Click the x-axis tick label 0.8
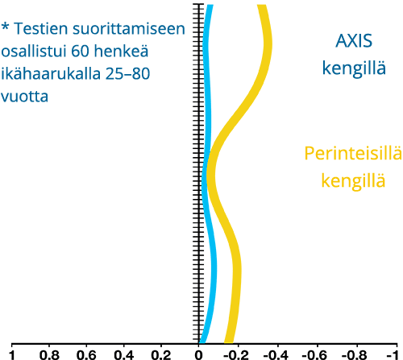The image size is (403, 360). click(x=49, y=355)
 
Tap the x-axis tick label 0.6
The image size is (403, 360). click(x=86, y=355)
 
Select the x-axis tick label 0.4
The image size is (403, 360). click(x=124, y=355)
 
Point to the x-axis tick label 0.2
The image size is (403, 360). click(x=161, y=355)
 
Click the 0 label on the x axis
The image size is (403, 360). click(x=198, y=355)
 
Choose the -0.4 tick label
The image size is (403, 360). click(x=276, y=355)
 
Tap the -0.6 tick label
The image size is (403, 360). click(x=314, y=355)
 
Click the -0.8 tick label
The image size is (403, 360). click(x=354, y=355)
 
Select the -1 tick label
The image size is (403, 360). click(x=393, y=355)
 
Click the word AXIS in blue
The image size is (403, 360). click(x=354, y=41)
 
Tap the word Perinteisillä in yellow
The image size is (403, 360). click(x=353, y=154)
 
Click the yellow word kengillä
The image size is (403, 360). click(x=353, y=180)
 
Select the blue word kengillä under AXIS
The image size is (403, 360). click(x=354, y=68)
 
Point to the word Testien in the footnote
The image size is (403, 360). click(x=40, y=28)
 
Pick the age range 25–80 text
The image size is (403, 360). click(x=127, y=73)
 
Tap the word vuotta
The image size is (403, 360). click(x=24, y=97)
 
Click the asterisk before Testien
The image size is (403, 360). click(x=5, y=27)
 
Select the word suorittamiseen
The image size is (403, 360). click(x=129, y=28)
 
